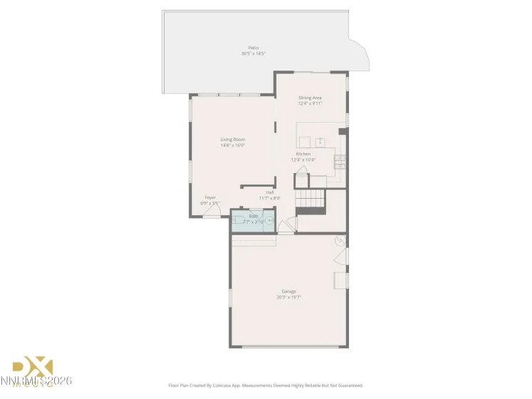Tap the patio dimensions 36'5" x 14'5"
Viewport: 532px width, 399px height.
click(252, 53)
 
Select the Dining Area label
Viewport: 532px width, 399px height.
click(310, 98)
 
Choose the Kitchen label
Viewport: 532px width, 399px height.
click(303, 154)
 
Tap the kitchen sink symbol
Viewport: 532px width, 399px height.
click(321, 141)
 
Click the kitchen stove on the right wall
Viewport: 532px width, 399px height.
click(340, 161)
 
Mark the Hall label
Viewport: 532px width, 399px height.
click(270, 192)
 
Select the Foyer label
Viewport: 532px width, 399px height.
click(210, 197)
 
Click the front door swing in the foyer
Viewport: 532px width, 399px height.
click(212, 212)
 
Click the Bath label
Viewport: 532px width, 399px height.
click(253, 216)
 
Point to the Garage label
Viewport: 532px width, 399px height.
click(288, 291)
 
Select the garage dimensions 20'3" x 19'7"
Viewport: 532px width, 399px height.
click(288, 297)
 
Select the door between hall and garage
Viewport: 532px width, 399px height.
click(286, 227)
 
